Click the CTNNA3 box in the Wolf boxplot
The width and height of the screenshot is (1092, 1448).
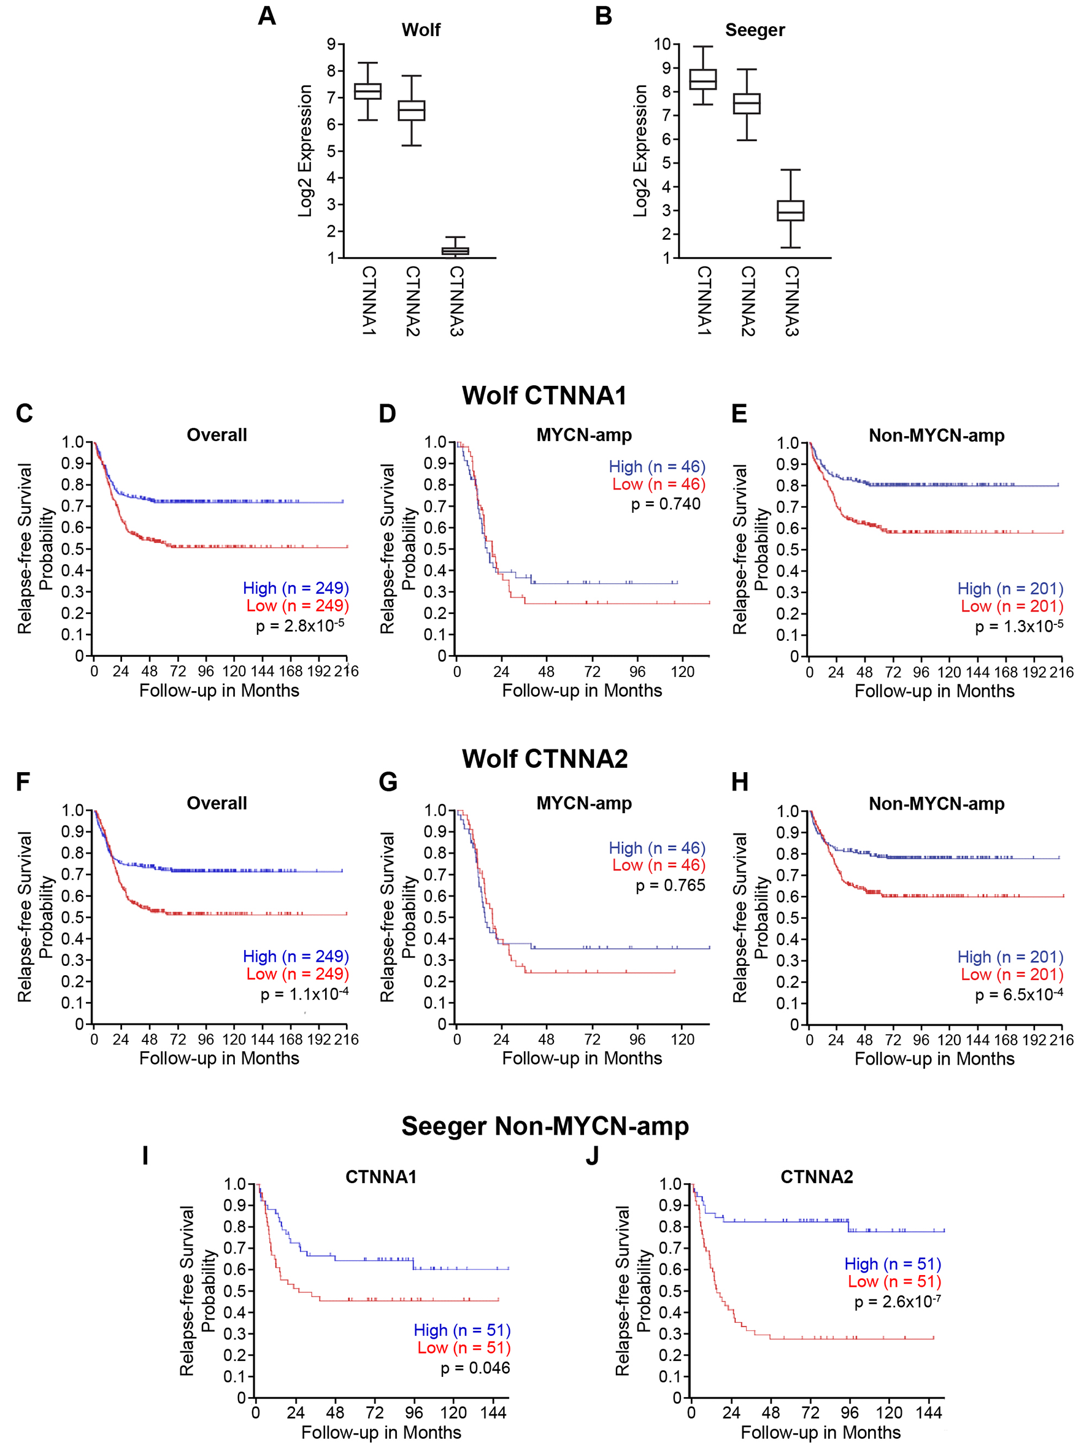pos(455,251)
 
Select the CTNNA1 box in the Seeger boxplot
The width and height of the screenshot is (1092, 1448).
pos(702,79)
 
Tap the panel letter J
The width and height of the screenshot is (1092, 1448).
pos(592,1155)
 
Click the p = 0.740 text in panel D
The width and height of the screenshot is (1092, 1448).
pos(665,504)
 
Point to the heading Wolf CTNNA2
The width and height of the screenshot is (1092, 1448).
pos(545,759)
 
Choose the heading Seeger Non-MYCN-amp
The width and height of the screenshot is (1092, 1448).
pos(545,1126)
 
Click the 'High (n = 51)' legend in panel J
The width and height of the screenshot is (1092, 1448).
pos(893,1264)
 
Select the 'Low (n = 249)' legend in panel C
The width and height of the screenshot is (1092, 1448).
pos(297,606)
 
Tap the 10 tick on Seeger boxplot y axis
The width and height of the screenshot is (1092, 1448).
pos(662,45)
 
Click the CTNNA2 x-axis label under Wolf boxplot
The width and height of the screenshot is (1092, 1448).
pos(412,301)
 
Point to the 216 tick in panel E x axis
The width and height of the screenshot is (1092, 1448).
pos(1061,672)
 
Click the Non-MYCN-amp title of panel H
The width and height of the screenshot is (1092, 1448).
pos(936,804)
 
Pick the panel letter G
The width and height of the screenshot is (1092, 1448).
pos(388,781)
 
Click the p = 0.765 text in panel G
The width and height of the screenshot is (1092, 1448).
pos(671,886)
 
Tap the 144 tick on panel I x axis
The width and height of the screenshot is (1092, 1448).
pos(493,1412)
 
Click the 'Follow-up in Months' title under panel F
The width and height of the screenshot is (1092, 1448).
pos(219,1059)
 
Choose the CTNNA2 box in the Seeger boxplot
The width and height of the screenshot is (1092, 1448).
pos(747,104)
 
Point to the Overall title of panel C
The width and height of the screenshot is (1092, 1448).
pos(217,435)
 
